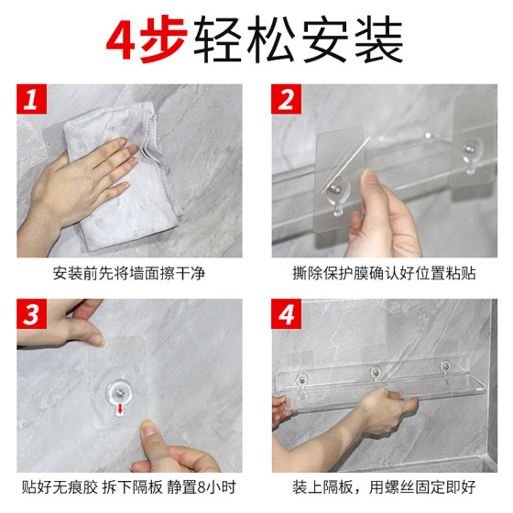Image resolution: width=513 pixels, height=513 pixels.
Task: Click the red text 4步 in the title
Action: click(145, 39)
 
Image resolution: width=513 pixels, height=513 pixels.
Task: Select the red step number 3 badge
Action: click(31, 316)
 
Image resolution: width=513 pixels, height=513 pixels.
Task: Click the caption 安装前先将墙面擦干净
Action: click(129, 272)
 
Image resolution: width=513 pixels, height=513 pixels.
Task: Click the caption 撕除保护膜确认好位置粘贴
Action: click(384, 272)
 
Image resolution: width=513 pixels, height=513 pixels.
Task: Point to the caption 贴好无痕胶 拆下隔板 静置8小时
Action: click(129, 486)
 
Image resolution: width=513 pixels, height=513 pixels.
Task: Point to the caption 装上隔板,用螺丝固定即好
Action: click(384, 486)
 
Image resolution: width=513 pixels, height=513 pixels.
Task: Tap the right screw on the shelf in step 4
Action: click(445, 367)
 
